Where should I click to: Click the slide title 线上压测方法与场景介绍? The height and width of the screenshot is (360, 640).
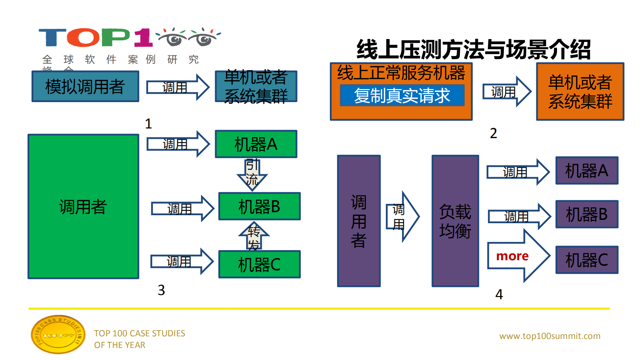(x=473, y=50)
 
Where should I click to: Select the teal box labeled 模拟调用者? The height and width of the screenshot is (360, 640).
(x=85, y=86)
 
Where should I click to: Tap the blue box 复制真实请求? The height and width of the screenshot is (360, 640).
(x=402, y=95)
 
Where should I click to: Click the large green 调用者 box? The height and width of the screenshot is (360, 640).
(x=83, y=207)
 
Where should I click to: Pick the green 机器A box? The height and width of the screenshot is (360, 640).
(x=256, y=144)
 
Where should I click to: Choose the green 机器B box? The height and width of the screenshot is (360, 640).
(x=259, y=206)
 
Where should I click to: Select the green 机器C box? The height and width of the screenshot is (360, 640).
(x=259, y=265)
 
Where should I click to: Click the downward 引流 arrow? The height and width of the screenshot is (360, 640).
(x=252, y=174)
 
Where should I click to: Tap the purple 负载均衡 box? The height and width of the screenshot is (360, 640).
(x=455, y=221)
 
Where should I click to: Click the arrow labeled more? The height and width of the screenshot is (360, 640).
(x=517, y=256)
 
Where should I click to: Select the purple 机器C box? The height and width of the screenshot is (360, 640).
(x=587, y=260)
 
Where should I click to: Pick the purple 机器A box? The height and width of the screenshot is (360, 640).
(x=587, y=170)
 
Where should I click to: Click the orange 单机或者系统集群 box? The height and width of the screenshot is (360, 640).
(x=580, y=91)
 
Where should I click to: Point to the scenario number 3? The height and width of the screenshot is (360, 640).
(x=161, y=290)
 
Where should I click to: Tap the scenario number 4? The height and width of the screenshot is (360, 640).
(x=499, y=294)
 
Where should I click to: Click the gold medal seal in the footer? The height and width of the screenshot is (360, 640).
(x=58, y=334)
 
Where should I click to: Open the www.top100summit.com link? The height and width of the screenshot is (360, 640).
(x=550, y=336)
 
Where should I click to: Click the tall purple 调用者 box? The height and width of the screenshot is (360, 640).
(x=359, y=221)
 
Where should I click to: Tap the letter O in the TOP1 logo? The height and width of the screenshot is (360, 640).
(x=83, y=37)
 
